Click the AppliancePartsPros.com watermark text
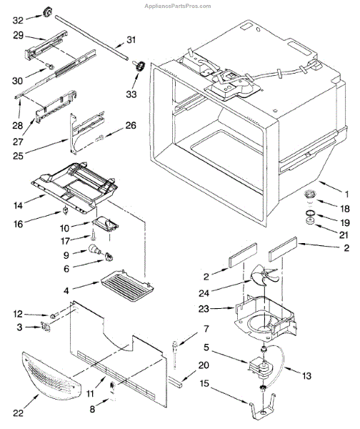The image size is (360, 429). click(178, 6)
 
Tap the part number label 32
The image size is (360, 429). click(19, 20)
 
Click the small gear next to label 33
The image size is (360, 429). click(140, 66)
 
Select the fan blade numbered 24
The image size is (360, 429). click(264, 276)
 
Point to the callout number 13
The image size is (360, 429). click(307, 376)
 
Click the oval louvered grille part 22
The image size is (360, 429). click(51, 375)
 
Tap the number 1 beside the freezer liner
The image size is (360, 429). click(346, 194)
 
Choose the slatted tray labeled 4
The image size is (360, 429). click(127, 285)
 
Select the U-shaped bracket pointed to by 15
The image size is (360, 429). click(262, 405)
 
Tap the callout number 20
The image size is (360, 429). click(204, 365)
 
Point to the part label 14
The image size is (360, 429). click(18, 205)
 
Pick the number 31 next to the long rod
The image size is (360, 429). click(131, 40)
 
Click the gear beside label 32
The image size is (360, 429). click(47, 12)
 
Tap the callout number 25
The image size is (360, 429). click(19, 156)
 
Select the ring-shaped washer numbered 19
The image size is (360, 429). click(309, 213)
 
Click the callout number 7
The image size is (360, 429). click(206, 329)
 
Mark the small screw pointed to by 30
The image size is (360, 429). click(50, 66)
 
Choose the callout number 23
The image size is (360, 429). click(204, 309)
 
